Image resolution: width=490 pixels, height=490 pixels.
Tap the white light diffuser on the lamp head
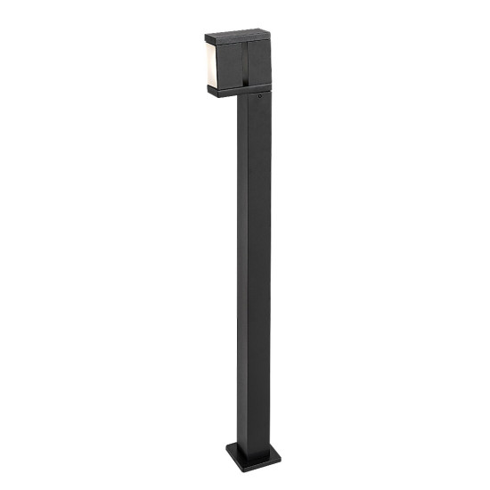click(x=212, y=64)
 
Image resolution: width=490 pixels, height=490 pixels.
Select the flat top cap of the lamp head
click(x=238, y=37)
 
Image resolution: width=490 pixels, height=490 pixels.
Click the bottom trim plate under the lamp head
click(x=237, y=87)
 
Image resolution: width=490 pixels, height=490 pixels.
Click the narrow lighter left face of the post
click(x=241, y=267)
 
